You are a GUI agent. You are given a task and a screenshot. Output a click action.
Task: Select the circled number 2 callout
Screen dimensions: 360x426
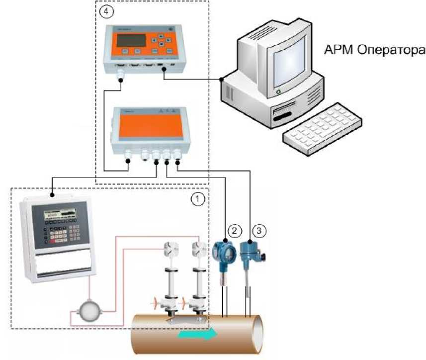coord(235,230)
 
